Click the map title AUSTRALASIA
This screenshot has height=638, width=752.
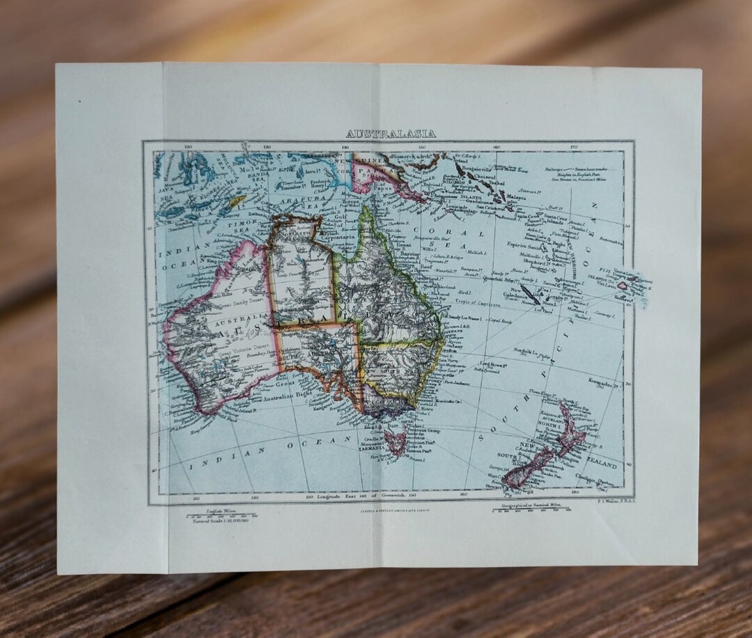pyautogui.click(x=391, y=134)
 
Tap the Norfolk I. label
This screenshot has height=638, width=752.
pyautogui.click(x=527, y=351)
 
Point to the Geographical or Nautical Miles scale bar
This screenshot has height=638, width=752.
pyautogui.click(x=533, y=510)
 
